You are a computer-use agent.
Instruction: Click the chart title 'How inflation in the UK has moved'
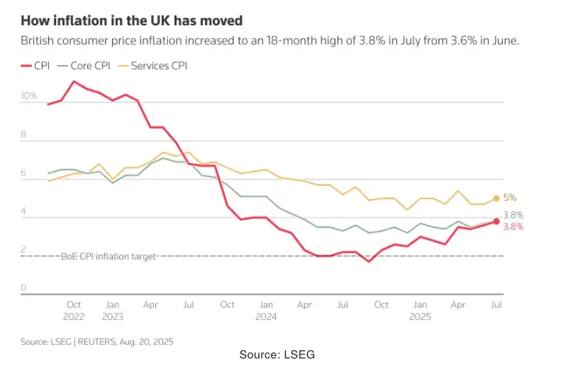[x=131, y=21]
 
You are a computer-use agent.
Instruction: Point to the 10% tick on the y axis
[x=29, y=96]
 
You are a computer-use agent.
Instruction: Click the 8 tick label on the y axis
[x=23, y=135]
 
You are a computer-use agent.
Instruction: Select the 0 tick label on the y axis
[x=23, y=288]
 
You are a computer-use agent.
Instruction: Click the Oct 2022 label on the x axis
[x=73, y=310]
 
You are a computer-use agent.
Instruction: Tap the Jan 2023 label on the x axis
[x=112, y=310]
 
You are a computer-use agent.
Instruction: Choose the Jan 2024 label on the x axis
[x=265, y=310]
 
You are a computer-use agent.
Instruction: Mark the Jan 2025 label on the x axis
[x=420, y=310]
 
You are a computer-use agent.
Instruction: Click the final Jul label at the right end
[x=496, y=304]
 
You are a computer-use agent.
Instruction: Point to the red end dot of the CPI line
[x=496, y=221]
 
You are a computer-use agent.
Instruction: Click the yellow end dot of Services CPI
[x=496, y=199]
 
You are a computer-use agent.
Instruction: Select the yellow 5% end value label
[x=510, y=198]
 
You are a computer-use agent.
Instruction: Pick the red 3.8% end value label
[x=513, y=227]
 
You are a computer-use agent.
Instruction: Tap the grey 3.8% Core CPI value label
[x=513, y=215]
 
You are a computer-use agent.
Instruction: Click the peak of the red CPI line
[x=74, y=81]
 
